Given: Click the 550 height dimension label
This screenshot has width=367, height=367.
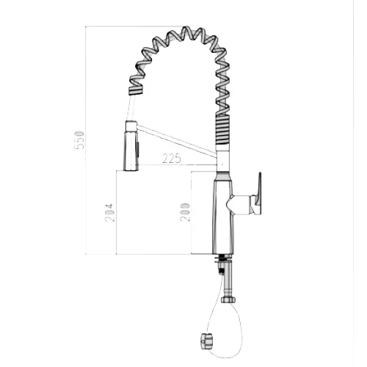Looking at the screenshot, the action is [x=79, y=140].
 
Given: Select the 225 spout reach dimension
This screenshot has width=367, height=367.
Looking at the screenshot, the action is [x=172, y=159].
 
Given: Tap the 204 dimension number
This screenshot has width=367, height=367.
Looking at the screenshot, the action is [x=109, y=213].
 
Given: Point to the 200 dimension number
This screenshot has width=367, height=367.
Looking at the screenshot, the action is [x=185, y=212].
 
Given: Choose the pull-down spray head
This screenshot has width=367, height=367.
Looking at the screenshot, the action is [x=131, y=150].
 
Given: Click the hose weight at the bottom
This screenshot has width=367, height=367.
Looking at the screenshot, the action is [x=207, y=339].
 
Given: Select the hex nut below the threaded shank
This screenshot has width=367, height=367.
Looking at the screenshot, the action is [x=229, y=299].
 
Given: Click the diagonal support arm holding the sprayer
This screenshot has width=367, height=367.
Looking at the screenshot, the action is [x=177, y=140].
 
